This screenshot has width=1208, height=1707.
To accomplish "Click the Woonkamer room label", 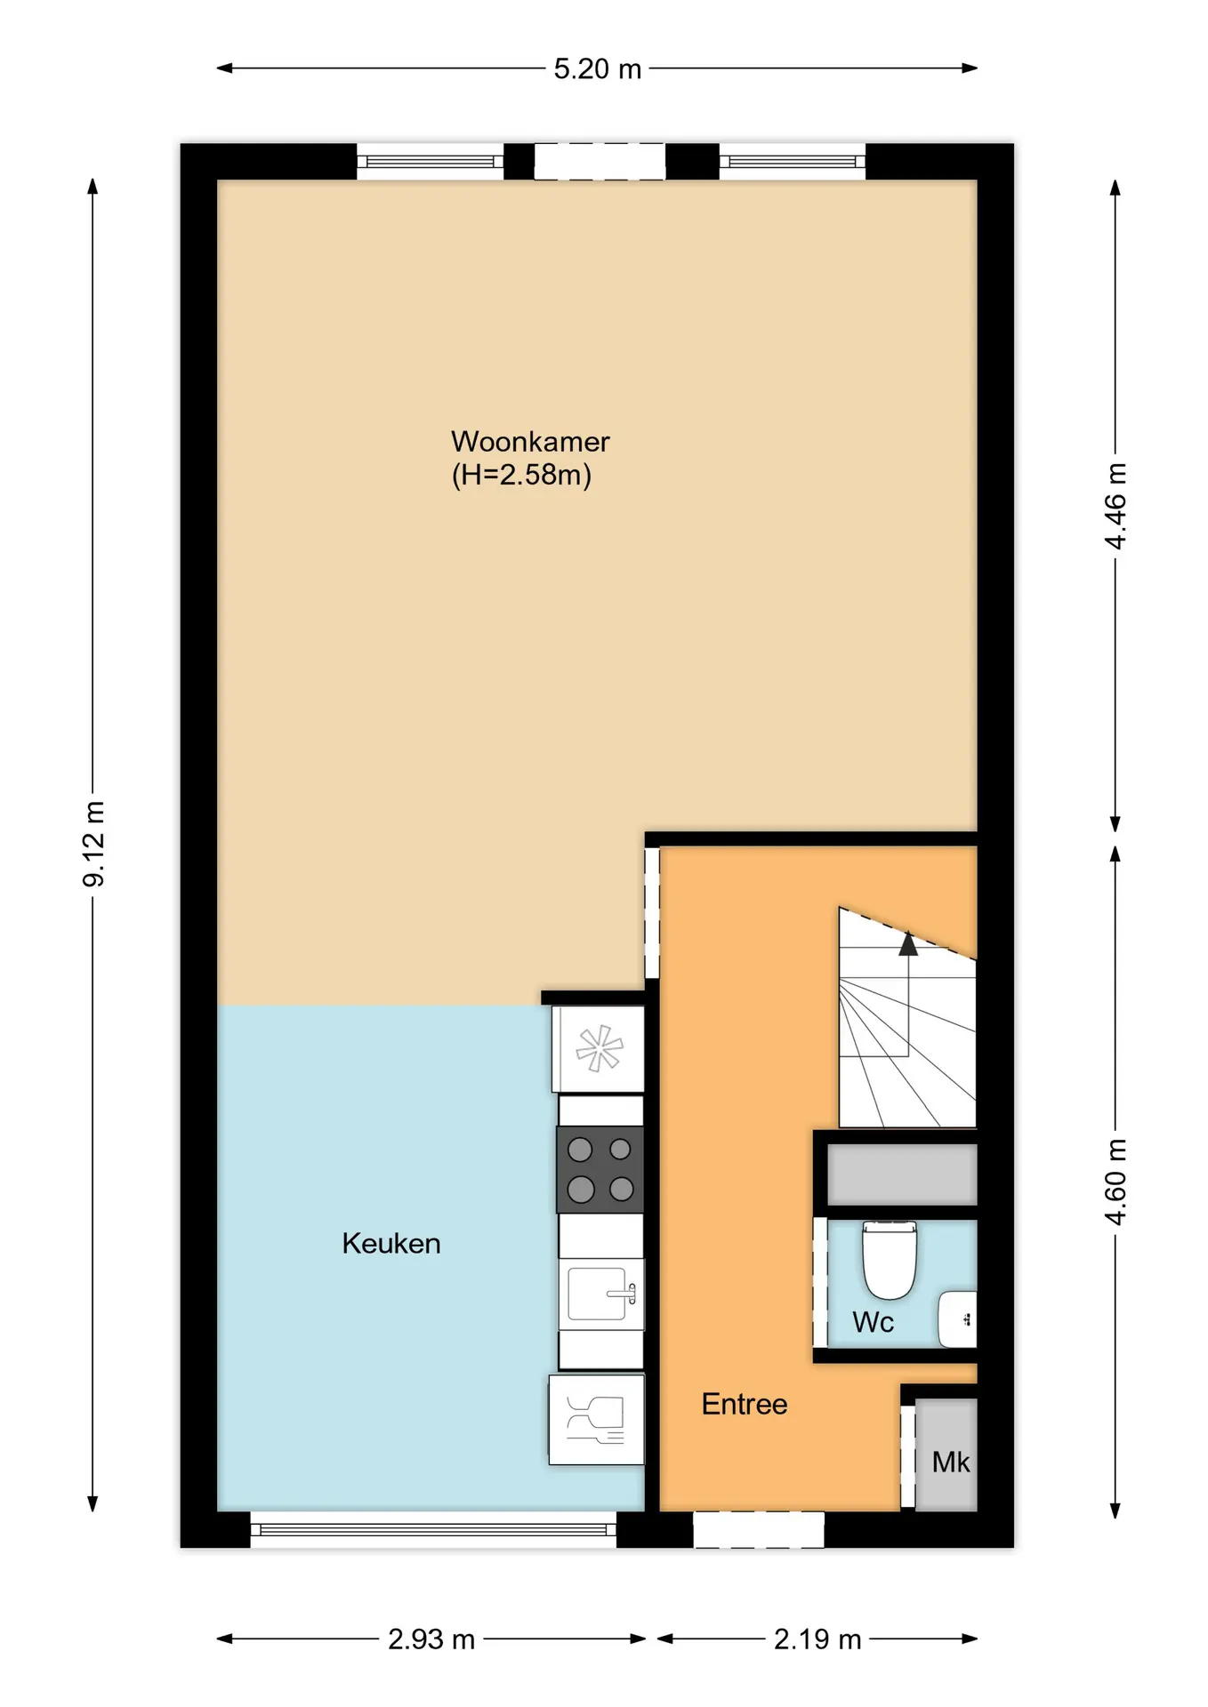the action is (530, 442).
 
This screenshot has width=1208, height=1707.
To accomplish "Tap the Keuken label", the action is (391, 1243).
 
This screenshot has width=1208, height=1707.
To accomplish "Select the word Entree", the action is (745, 1404).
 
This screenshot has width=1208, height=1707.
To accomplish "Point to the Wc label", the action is (873, 1322).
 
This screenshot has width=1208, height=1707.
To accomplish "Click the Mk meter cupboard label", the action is (951, 1463).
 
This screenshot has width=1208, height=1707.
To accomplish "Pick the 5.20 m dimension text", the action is (598, 68).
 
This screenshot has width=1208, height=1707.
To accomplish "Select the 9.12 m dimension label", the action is (93, 844).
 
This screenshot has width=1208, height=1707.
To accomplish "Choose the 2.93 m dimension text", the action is (431, 1639).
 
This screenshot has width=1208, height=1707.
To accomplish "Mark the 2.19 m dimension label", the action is (817, 1639).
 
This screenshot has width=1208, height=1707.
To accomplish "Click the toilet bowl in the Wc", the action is (890, 1259).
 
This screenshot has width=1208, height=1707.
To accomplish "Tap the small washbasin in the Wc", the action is (957, 1319).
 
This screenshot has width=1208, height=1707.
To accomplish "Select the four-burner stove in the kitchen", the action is (600, 1169).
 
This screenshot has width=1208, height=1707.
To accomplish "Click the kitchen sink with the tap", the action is (601, 1294).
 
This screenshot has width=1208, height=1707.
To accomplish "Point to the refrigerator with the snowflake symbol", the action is (598, 1048).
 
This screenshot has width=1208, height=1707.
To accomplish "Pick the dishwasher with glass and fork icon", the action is (597, 1420).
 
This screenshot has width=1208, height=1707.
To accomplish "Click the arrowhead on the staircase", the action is (907, 943).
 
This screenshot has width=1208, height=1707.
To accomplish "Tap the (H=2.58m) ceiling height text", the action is (521, 475).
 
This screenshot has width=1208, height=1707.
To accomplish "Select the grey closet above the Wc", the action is (902, 1174).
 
